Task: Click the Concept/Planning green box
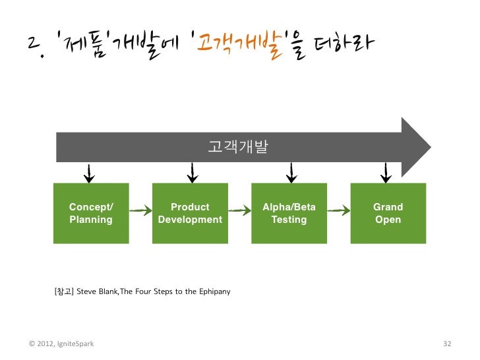coord(91,213)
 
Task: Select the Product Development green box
coord(190,213)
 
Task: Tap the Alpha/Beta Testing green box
coord(289,213)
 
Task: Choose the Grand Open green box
coord(388,213)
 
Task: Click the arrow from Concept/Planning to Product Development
coord(140,211)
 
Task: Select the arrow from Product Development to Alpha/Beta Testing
coord(239,211)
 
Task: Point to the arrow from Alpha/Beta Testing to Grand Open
coord(338,211)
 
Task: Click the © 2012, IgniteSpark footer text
coord(61,344)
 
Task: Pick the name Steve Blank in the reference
coord(97,291)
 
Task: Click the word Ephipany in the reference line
coord(214,291)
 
